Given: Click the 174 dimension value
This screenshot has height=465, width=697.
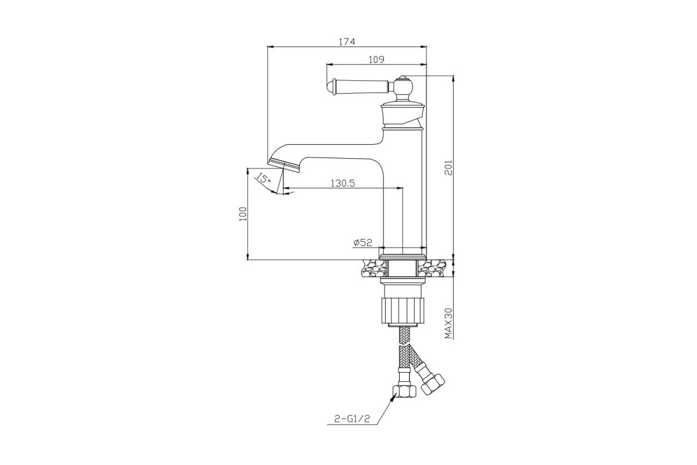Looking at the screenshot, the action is [x=347, y=41].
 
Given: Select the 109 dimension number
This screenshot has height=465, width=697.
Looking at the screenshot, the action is [x=376, y=59].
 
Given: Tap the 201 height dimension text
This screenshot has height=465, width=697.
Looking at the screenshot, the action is [x=448, y=168].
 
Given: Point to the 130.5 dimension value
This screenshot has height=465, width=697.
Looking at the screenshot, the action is [x=343, y=183].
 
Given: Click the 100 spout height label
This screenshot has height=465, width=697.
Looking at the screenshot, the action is [x=243, y=214].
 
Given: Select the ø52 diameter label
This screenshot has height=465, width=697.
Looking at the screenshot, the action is [x=363, y=242].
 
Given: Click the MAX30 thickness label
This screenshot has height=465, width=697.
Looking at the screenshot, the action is [x=448, y=323].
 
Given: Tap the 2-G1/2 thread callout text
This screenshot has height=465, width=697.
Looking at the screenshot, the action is [x=352, y=419].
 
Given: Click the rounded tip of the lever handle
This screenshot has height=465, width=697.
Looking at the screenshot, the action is [x=330, y=87].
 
